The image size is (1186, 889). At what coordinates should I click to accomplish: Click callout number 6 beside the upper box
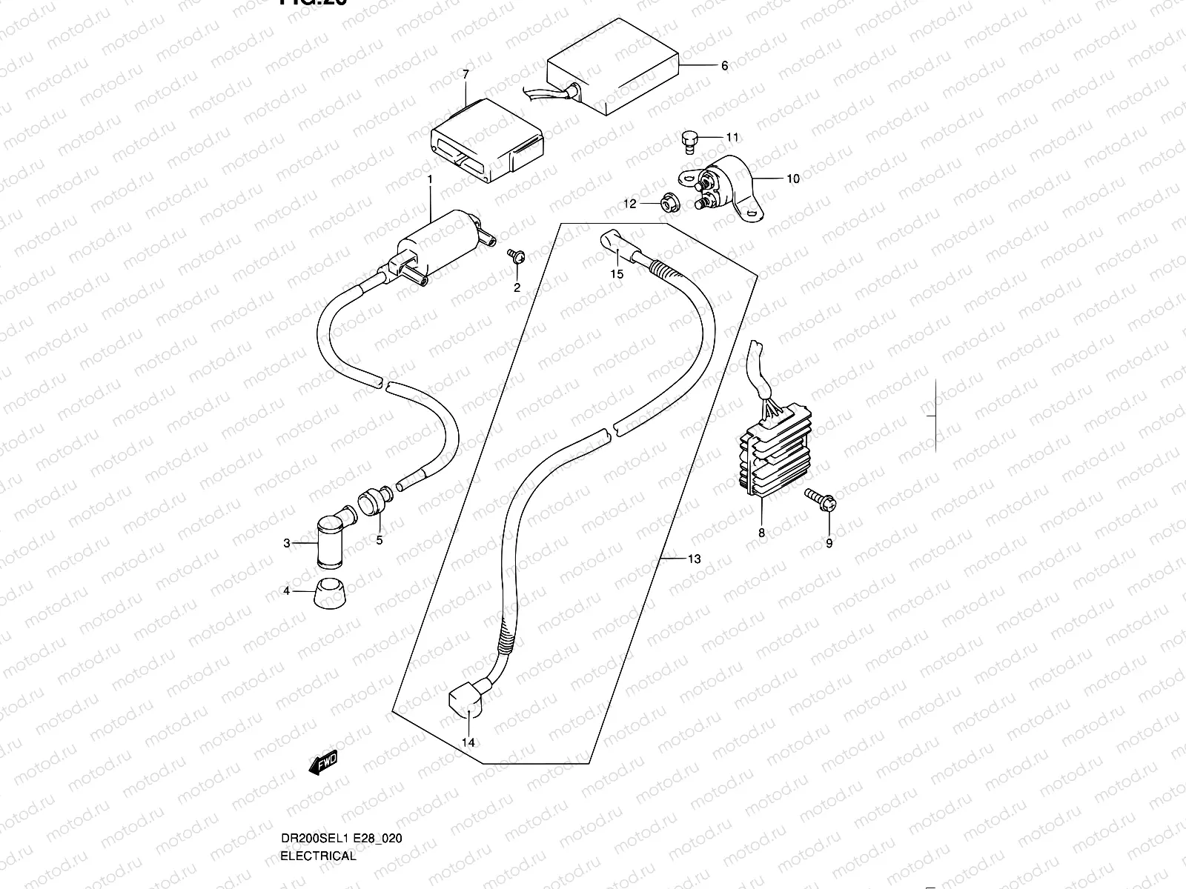coord(724,66)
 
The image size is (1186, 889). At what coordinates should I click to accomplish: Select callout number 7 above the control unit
coord(466,75)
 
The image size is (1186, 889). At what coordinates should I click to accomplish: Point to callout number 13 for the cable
coord(694,559)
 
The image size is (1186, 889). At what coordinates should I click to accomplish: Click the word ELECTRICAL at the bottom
coord(318,856)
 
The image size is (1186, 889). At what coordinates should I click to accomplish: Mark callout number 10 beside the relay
coord(792,179)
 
